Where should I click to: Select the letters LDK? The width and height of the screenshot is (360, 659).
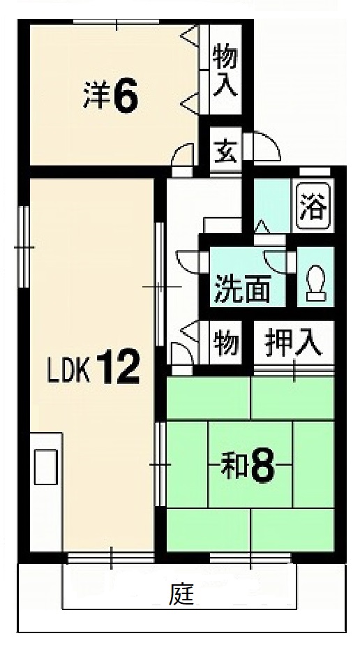[x=69, y=370]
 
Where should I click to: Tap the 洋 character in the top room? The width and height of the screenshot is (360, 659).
[x=96, y=98]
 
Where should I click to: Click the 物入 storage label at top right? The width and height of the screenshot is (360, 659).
[x=225, y=69]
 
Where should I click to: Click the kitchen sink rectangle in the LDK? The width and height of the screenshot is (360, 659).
[x=47, y=466]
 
